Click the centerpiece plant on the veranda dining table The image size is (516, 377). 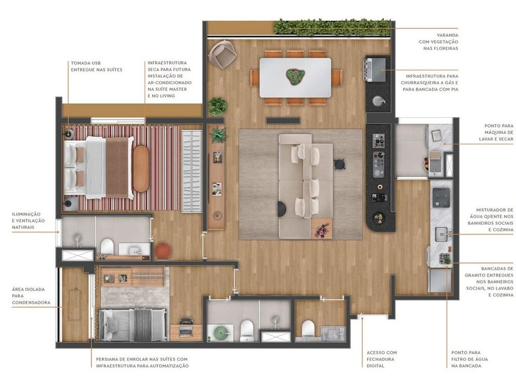point(295,77)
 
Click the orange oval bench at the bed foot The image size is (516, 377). point(140,168)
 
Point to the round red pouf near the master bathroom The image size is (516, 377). point(163,250)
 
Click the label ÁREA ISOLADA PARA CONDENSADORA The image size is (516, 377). point(31,296)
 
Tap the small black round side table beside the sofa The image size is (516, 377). point(339,164)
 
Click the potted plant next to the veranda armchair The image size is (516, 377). point(218,106)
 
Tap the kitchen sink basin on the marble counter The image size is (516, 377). point(441,234)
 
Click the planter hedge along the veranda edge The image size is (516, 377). point(332,27)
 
